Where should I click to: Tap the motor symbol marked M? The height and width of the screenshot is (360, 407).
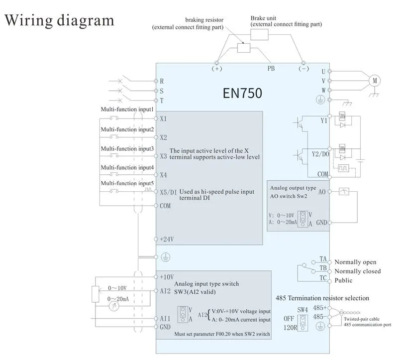374,81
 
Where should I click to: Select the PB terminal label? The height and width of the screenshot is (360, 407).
272,69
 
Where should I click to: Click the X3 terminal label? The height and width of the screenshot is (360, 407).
164,156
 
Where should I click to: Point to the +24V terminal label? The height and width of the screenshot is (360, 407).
167,239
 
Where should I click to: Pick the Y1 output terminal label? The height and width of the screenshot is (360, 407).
324,120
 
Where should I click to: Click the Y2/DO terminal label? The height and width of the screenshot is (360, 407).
320,154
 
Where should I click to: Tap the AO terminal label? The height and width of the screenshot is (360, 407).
322,192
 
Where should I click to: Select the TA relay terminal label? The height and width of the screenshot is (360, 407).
323,259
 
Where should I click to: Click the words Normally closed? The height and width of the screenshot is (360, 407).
357,271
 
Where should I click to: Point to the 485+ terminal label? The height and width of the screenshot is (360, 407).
320,308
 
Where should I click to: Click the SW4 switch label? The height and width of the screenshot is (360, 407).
303,309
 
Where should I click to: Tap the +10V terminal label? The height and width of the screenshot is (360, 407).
167,276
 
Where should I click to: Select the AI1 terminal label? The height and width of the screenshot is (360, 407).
165,318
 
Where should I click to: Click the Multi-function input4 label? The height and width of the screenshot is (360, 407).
127,168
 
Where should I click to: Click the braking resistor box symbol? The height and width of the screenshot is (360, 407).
244,47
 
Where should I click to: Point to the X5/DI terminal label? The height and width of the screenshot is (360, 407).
168,192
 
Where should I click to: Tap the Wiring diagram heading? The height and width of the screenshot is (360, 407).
59,20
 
